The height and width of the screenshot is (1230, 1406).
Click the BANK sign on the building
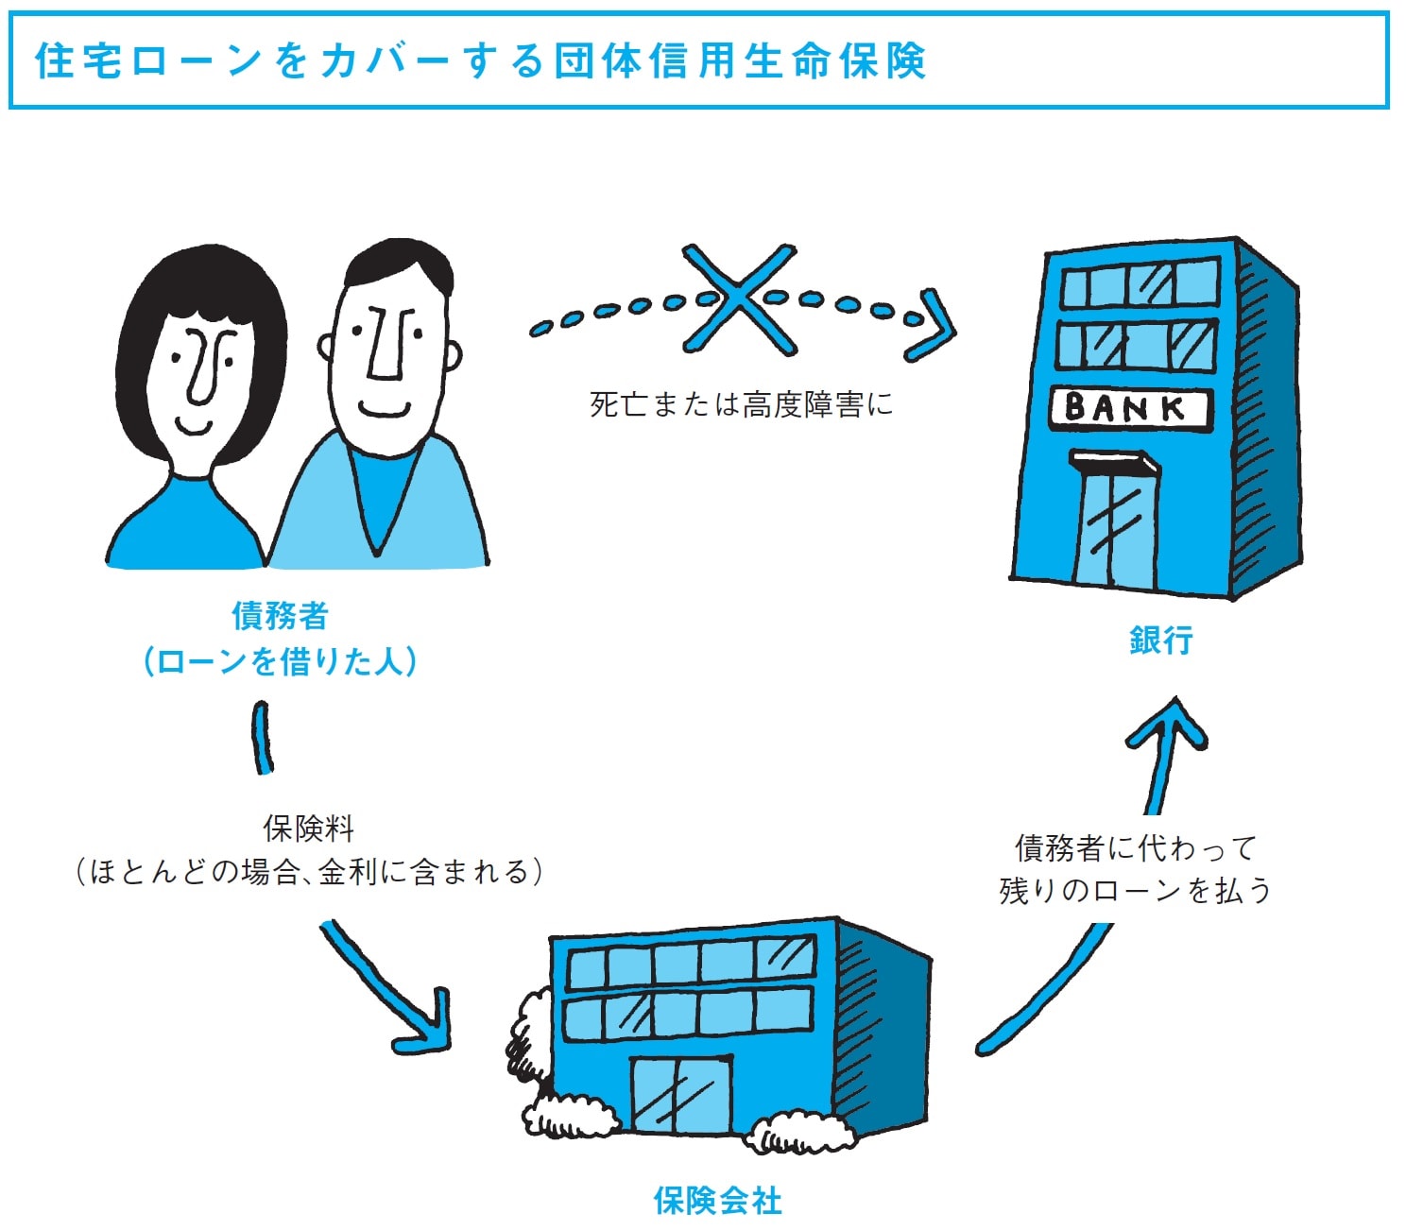pos(1128,408)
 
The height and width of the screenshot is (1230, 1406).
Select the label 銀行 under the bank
pos(1161,640)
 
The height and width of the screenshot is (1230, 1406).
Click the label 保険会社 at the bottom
pos(718,1201)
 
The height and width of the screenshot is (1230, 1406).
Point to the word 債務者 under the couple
pos(280,616)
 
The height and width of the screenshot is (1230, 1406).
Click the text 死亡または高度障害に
pos(741,404)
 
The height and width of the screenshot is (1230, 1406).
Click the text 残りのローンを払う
pos(1135,890)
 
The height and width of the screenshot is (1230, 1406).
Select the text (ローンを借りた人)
pos(280,661)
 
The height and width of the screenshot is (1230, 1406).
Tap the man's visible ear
pos(452,354)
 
